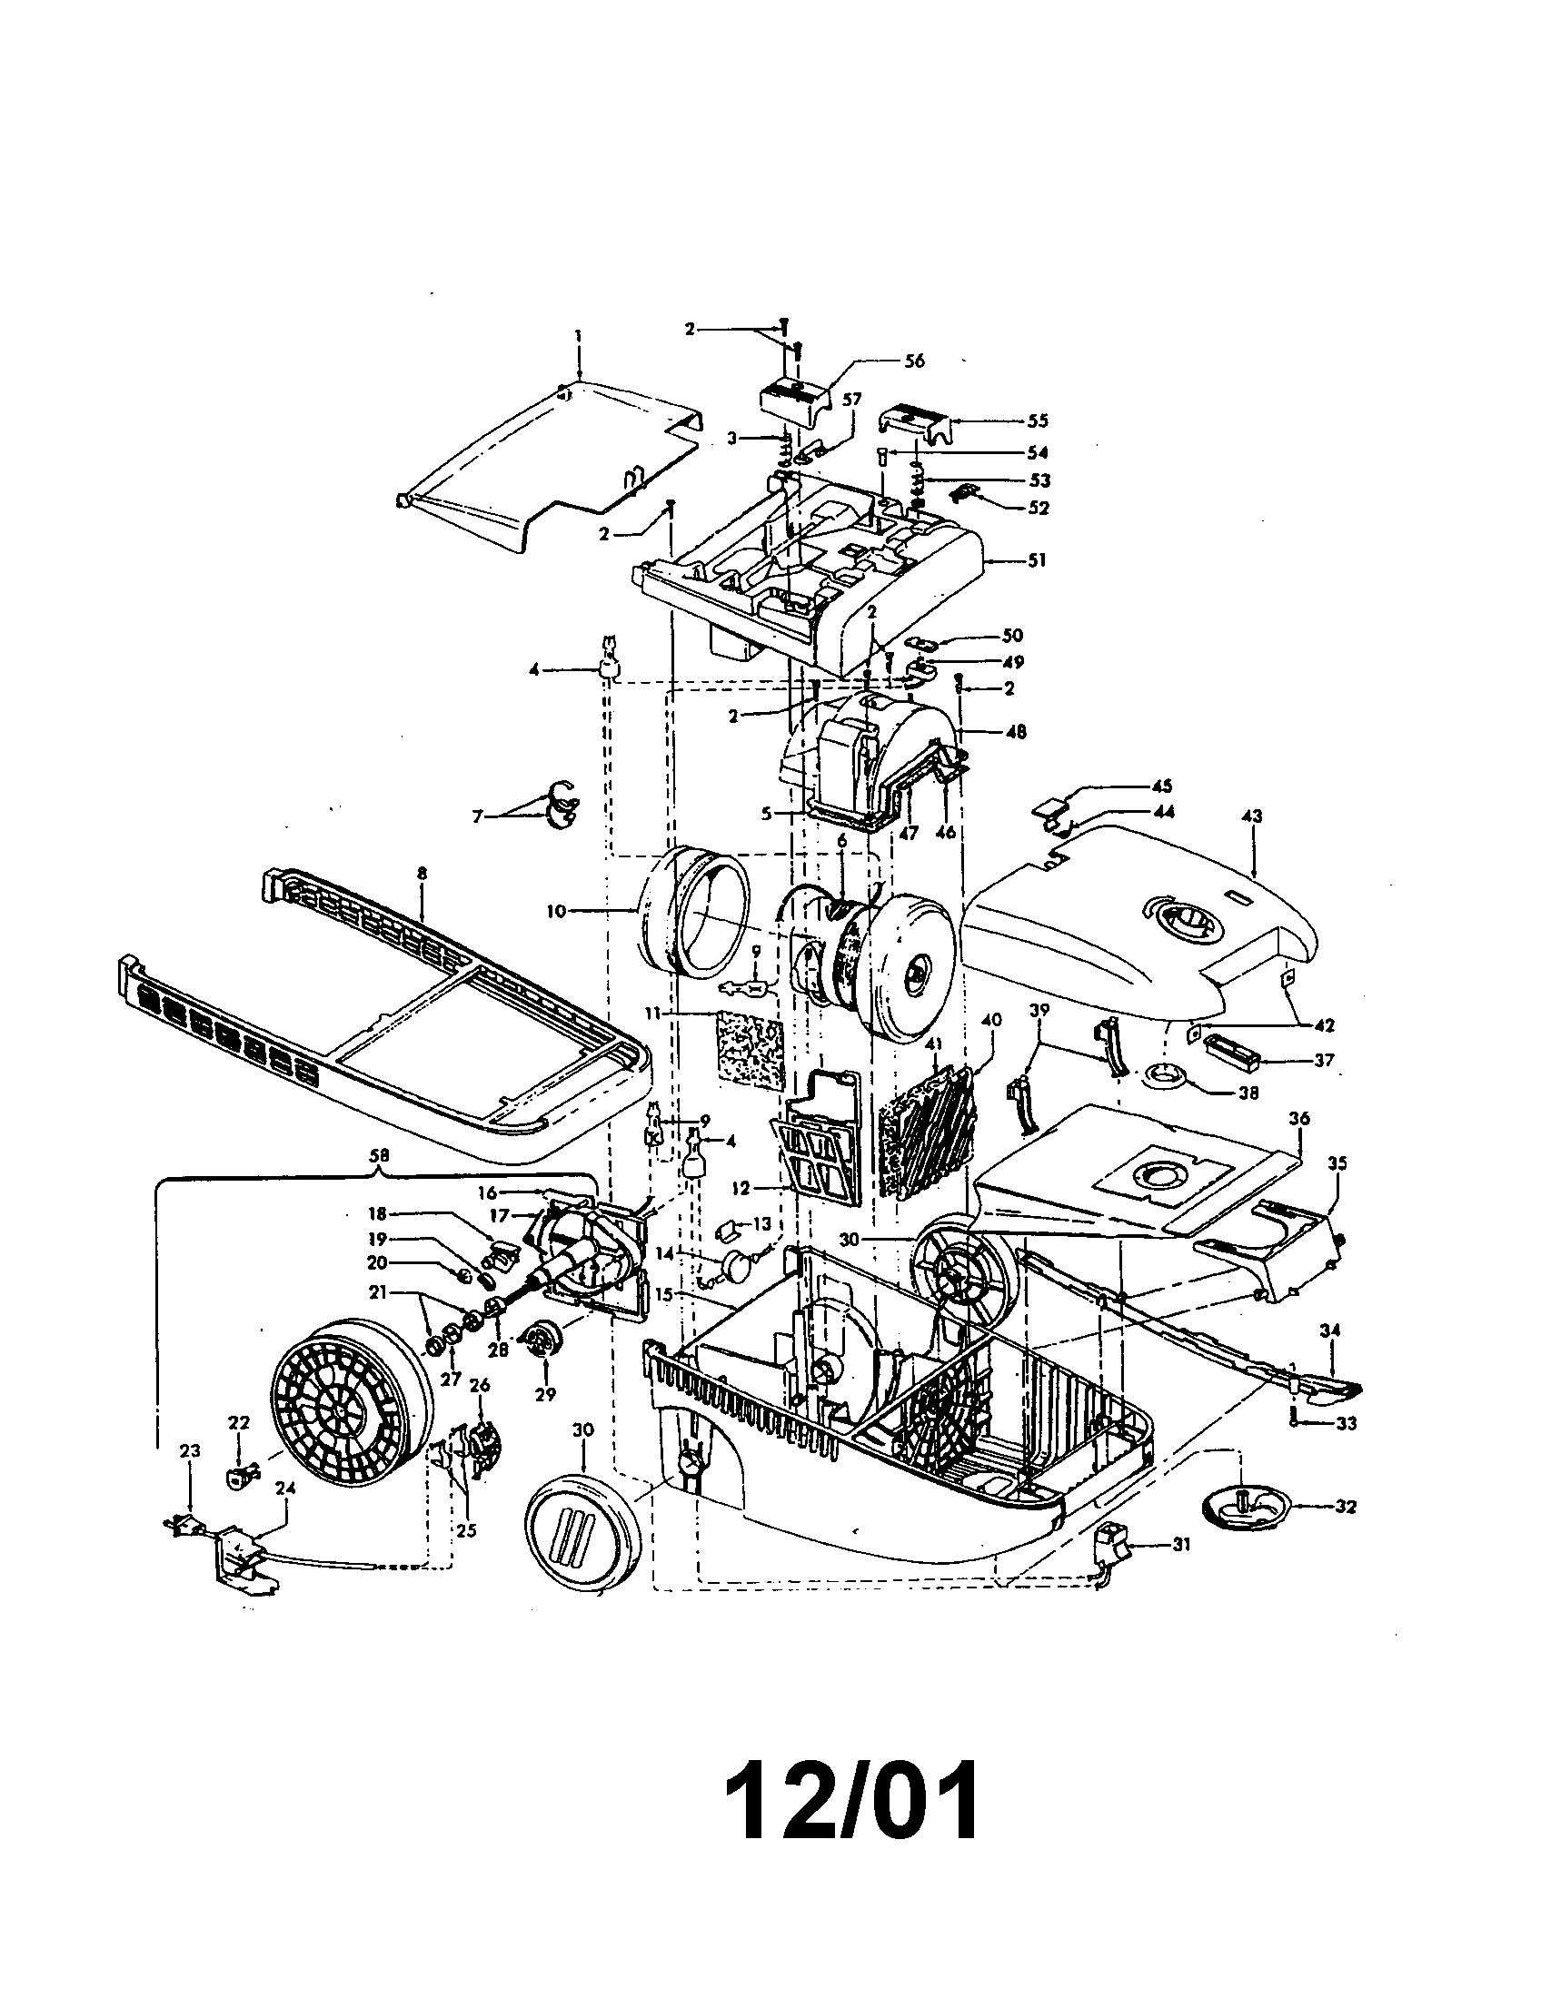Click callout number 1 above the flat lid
pyautogui.click(x=579, y=337)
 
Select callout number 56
pyautogui.click(x=914, y=361)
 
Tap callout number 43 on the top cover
pyautogui.click(x=1252, y=816)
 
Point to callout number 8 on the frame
pyautogui.click(x=422, y=874)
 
